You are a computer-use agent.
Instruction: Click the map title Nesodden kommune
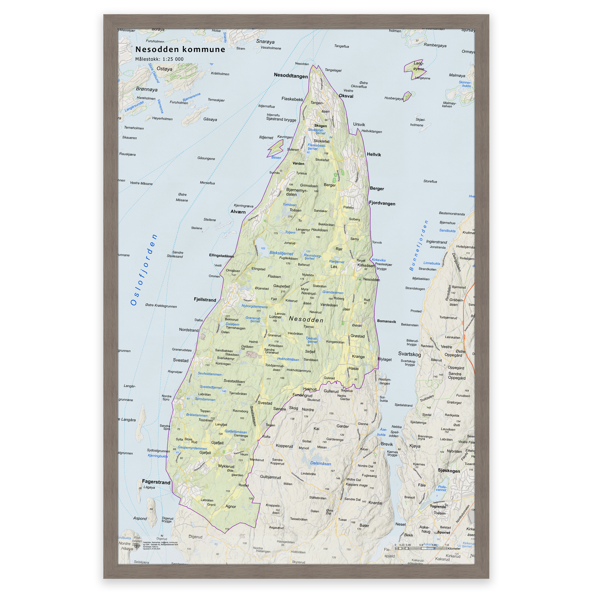click(180, 50)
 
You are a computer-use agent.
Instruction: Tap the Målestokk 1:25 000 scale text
click(159, 59)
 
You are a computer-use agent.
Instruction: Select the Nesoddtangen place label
click(290, 76)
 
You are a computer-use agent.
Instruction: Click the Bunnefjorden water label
click(418, 246)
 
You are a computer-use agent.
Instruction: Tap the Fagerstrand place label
click(156, 482)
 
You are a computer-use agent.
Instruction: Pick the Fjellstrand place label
click(205, 300)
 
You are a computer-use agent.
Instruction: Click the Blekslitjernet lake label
click(281, 253)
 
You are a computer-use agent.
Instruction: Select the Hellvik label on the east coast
click(374, 154)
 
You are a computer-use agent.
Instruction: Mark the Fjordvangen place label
click(382, 203)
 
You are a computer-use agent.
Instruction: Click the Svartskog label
click(409, 354)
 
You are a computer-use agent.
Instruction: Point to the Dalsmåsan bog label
click(321, 464)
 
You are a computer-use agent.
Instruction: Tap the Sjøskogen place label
click(449, 471)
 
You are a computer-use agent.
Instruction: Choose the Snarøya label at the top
click(265, 41)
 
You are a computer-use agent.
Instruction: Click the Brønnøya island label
click(147, 89)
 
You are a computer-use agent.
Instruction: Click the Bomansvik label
click(386, 321)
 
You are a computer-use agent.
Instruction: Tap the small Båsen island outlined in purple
click(275, 149)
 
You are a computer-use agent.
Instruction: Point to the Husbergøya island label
click(393, 98)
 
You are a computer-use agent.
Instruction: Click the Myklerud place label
click(226, 466)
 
